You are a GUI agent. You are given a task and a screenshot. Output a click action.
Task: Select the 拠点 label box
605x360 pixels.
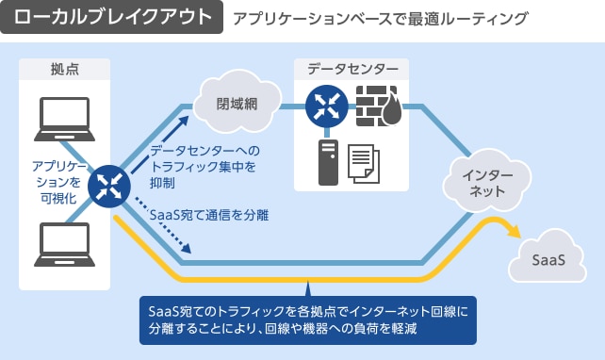64,69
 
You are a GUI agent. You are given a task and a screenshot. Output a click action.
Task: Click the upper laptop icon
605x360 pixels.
64,117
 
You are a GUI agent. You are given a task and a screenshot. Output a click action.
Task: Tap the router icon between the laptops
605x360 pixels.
108,185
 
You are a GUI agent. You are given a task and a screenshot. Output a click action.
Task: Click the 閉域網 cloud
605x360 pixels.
237,104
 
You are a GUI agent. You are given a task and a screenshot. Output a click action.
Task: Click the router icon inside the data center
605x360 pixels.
325,106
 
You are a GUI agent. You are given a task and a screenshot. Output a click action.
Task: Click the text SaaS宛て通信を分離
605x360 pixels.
209,216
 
